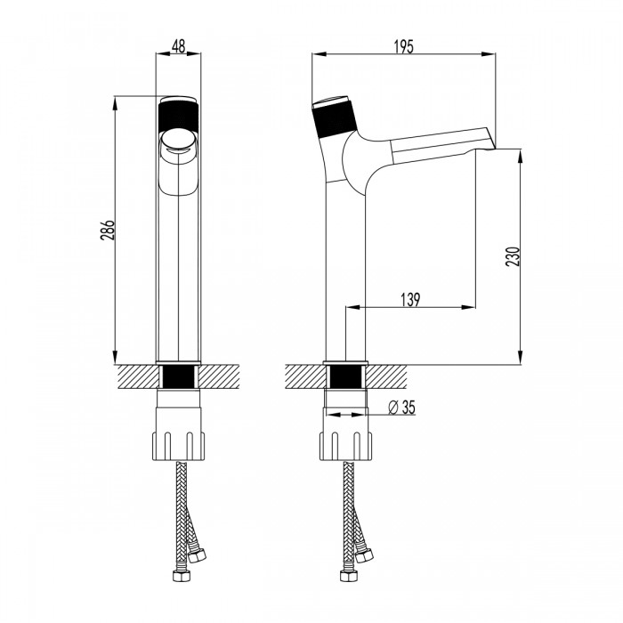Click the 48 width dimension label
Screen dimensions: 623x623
(178, 46)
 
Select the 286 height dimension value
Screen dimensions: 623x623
(108, 230)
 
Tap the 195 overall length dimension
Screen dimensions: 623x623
(404, 46)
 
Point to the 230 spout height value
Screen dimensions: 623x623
(513, 256)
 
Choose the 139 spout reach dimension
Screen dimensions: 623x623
(410, 300)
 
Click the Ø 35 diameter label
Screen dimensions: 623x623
(400, 408)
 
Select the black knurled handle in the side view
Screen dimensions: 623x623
(335, 118)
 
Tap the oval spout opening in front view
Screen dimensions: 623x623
(178, 140)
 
